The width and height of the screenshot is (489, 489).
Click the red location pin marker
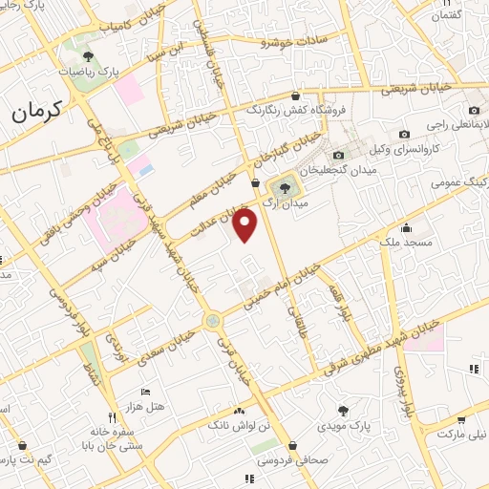click(245, 225)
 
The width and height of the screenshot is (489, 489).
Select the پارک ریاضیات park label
click(78, 71)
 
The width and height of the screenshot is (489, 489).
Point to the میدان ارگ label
click(286, 203)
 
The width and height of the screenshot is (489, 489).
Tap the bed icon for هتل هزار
click(145, 392)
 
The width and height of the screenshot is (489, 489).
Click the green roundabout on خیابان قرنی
click(212, 321)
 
